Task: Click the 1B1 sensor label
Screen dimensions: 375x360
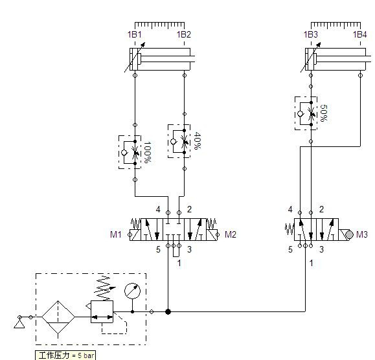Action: click(x=135, y=35)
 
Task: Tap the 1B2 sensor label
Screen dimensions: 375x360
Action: click(x=184, y=35)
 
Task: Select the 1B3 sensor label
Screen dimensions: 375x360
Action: click(x=311, y=35)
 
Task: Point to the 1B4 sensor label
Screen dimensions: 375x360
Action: click(x=360, y=35)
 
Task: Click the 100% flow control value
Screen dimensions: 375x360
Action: click(x=147, y=152)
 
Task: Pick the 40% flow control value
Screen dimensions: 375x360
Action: click(x=197, y=141)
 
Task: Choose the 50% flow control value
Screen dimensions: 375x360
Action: click(x=324, y=113)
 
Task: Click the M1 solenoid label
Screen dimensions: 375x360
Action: click(x=116, y=234)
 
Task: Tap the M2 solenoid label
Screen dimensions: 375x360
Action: click(x=231, y=234)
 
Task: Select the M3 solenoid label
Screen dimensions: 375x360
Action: click(x=362, y=234)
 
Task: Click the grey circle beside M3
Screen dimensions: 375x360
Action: click(x=349, y=234)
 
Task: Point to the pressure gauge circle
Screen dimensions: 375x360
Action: click(x=133, y=291)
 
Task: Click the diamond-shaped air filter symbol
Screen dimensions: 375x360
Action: click(x=58, y=317)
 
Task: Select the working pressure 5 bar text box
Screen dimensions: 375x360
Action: click(x=65, y=355)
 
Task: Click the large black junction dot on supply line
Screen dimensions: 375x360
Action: click(x=168, y=311)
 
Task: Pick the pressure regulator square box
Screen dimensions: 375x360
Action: click(x=102, y=311)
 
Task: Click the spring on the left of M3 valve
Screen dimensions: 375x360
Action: click(x=290, y=229)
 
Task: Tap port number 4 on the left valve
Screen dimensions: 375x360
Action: click(x=158, y=209)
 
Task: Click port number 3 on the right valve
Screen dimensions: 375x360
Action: click(x=321, y=249)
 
